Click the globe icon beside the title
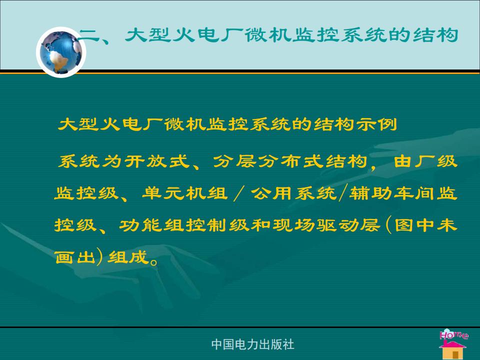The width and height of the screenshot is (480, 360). pos(61,52)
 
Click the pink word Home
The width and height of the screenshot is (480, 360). pos(454,334)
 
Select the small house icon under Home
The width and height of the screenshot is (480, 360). pos(452,349)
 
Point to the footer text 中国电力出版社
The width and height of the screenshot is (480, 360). pos(253,344)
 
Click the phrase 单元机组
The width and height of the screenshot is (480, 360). pos(185,193)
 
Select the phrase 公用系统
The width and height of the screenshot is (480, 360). pos(293,193)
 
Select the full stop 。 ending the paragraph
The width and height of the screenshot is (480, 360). pos(154,261)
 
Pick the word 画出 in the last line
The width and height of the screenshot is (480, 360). pos(75,257)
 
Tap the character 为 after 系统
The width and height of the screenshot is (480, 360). pos(112,161)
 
